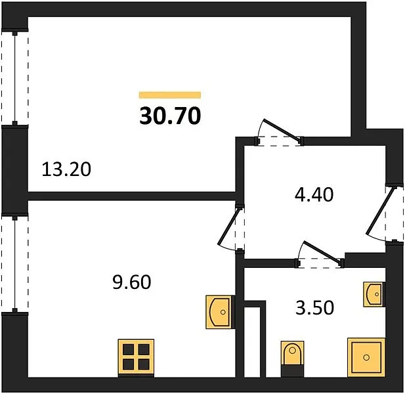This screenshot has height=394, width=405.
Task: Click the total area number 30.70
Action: point(170,116)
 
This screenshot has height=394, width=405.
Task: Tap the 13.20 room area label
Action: point(66,169)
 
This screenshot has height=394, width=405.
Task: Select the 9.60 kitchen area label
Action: point(132,282)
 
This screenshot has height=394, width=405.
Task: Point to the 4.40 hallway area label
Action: point(314,194)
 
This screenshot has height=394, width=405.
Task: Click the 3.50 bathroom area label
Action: point(314,307)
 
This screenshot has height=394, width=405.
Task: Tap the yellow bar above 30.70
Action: point(170,95)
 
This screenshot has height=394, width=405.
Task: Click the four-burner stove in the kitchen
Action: point(136,358)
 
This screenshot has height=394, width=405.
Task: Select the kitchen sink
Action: point(220,312)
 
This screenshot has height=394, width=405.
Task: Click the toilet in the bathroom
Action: point(292,359)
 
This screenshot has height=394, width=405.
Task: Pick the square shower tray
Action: point(366,357)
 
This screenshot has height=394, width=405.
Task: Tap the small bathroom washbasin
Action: point(374,294)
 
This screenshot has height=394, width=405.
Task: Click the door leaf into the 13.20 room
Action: point(282,130)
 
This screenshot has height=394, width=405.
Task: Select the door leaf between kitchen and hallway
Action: point(228,226)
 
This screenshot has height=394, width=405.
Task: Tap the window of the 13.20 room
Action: point(14,78)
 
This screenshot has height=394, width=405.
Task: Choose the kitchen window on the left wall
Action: point(14,264)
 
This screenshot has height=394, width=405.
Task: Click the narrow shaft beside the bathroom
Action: point(252,342)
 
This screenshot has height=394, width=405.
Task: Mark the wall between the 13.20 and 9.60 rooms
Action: point(131,196)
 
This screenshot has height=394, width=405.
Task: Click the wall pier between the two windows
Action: point(14,171)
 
